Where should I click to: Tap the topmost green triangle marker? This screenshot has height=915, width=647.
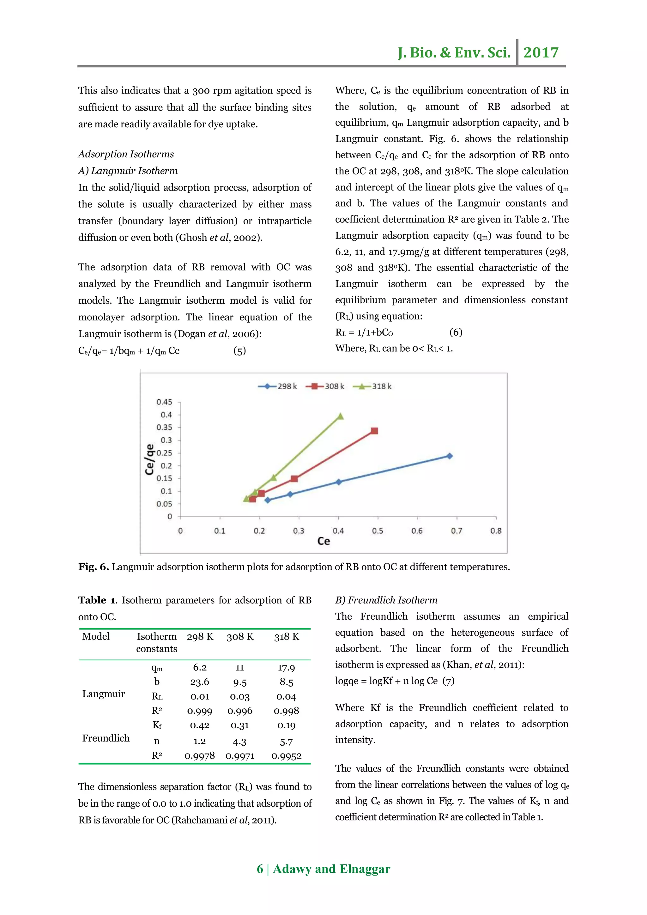pyautogui.click(x=340, y=416)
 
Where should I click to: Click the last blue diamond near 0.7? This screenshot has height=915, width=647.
pyautogui.click(x=450, y=456)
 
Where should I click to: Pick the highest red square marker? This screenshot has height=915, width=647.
pyautogui.click(x=374, y=431)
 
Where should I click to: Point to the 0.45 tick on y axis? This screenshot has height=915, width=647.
pyautogui.click(x=164, y=402)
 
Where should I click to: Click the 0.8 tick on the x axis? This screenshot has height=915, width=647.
pyautogui.click(x=496, y=531)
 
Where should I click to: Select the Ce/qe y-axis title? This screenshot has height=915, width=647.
pyautogui.click(x=150, y=459)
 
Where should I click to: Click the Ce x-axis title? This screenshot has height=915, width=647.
pyautogui.click(x=323, y=541)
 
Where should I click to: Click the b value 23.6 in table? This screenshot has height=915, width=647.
pyautogui.click(x=200, y=682)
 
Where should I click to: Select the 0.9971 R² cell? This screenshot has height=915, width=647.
pyautogui.click(x=240, y=756)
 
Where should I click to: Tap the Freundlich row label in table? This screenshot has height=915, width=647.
pyautogui.click(x=106, y=738)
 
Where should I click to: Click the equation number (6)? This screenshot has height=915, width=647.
pyautogui.click(x=456, y=332)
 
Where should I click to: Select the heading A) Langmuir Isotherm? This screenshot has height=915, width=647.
pyautogui.click(x=128, y=171)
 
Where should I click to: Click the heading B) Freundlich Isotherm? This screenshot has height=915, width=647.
pyautogui.click(x=386, y=600)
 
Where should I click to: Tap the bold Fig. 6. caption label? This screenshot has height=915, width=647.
pyautogui.click(x=94, y=567)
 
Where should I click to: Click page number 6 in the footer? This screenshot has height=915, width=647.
pyautogui.click(x=260, y=869)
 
